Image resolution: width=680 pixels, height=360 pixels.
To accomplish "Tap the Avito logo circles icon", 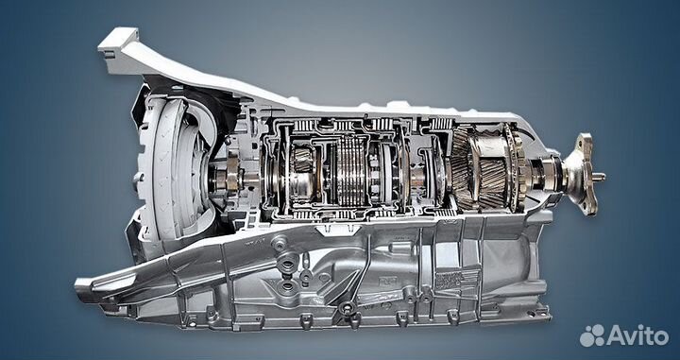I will pyautogui.click(x=592, y=334).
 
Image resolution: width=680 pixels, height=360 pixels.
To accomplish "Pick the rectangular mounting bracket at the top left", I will pyautogui.click(x=117, y=43).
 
